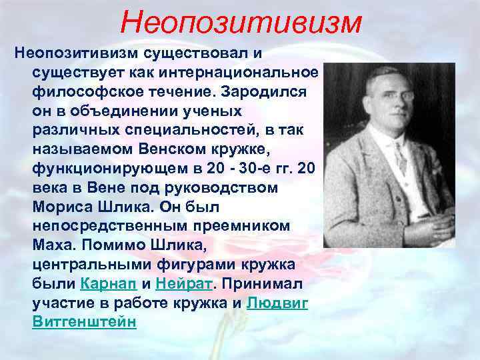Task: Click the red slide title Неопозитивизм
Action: pos(241,22)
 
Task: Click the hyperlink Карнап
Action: pos(108,283)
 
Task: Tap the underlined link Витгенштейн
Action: pos(84,321)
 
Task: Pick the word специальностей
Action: pos(165,129)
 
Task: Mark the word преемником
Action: pos(242,225)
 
